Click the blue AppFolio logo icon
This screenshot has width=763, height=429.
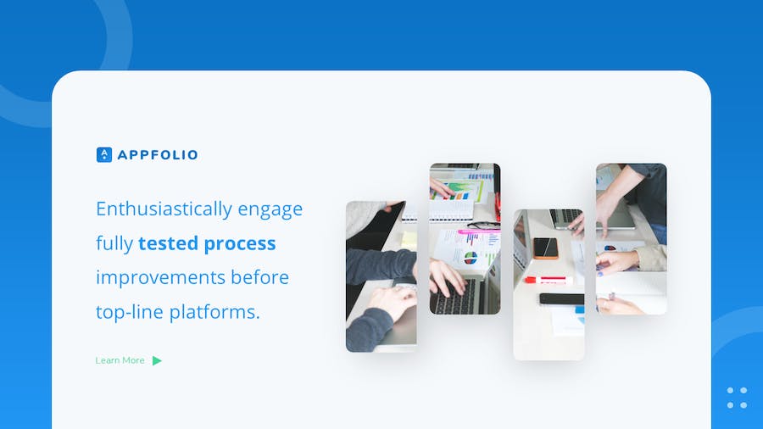click(x=104, y=154)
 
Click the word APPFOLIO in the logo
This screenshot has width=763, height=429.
click(x=158, y=155)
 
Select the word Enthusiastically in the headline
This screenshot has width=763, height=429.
click(x=164, y=209)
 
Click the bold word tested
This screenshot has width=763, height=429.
click(x=169, y=243)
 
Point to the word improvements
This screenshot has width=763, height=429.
click(x=160, y=278)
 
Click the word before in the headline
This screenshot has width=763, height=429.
click(x=260, y=277)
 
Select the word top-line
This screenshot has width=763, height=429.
click(x=130, y=312)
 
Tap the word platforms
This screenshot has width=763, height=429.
click(x=214, y=312)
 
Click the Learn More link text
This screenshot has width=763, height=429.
click(x=120, y=360)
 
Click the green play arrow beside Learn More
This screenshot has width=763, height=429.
click(x=157, y=360)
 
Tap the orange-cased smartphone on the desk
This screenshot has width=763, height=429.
click(x=545, y=248)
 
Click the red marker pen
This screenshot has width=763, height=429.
click(x=548, y=280)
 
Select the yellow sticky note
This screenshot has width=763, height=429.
click(x=409, y=239)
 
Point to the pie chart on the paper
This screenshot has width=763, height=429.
click(x=471, y=258)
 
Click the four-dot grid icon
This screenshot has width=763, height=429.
click(x=737, y=398)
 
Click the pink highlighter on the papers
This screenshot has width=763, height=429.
click(x=478, y=231)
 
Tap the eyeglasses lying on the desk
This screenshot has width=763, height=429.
click(x=483, y=225)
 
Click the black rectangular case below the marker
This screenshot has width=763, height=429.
click(x=561, y=298)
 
